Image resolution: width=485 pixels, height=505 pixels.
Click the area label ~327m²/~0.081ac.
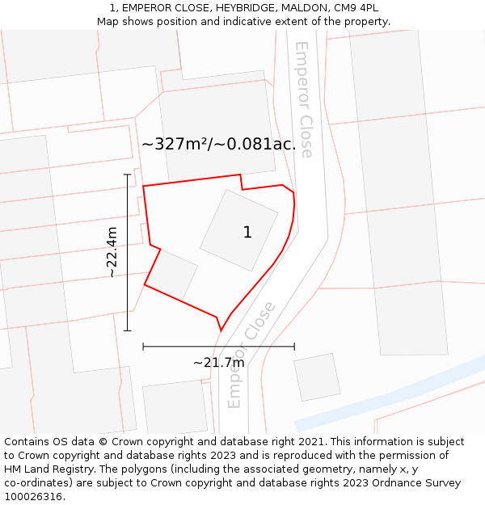(x=218, y=145)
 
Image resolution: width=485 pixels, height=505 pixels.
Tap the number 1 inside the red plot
(x=247, y=233)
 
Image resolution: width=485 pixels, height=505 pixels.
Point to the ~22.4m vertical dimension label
(x=112, y=253)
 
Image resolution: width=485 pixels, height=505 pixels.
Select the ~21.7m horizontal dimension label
(x=218, y=363)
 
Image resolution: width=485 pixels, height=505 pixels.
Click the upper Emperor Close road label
(x=304, y=99)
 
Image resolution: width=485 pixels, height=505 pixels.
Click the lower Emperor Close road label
(x=251, y=354)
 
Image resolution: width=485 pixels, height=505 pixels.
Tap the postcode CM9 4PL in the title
(x=355, y=8)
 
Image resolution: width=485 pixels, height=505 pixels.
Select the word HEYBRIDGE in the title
(x=244, y=8)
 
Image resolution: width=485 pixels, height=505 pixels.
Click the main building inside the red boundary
(x=239, y=230)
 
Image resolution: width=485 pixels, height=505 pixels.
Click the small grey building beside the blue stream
(x=317, y=377)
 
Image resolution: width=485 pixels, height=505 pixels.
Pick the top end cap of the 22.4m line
(x=127, y=175)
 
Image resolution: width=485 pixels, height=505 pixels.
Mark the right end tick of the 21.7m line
(x=294, y=347)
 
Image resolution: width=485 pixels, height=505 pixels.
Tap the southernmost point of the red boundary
(x=221, y=330)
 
